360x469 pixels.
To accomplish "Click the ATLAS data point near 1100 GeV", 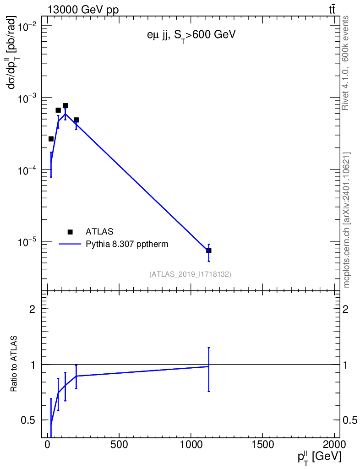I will click(x=208, y=251).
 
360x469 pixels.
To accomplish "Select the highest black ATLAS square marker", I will click(x=65, y=105).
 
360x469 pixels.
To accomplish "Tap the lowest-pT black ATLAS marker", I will click(x=51, y=139).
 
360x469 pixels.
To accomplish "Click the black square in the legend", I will click(x=70, y=232).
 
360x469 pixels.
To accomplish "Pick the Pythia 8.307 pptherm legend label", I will click(x=127, y=244).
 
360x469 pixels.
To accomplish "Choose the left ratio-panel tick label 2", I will click(x=32, y=309).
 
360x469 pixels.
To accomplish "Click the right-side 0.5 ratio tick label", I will click(x=349, y=420).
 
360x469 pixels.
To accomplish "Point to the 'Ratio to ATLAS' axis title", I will click(x=15, y=364).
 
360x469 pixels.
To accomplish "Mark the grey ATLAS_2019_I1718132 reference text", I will click(x=190, y=274).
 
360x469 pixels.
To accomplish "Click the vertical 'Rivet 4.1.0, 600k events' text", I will click(x=346, y=63).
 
